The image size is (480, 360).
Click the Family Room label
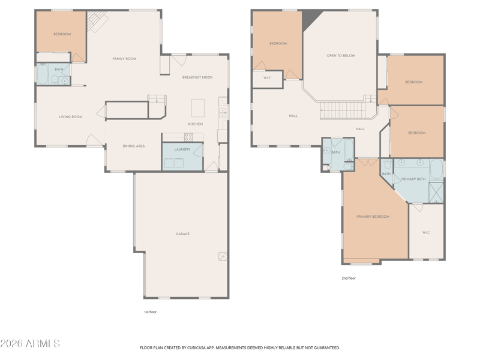pyautogui.click(x=124, y=59)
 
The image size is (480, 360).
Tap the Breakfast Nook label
pyautogui.click(x=197, y=77)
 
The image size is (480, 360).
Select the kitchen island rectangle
pyautogui.click(x=198, y=108)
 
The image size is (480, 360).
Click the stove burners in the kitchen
pyautogui.click(x=188, y=137)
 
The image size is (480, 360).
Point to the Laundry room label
pyautogui.click(x=182, y=149)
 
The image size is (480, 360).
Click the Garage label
pyautogui.click(x=183, y=234)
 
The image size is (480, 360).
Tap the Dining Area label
pyautogui.click(x=134, y=146)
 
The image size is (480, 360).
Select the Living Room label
pyautogui.click(x=71, y=116)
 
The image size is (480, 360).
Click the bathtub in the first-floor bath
pyautogui.click(x=43, y=74)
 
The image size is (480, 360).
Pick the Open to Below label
pyautogui.click(x=341, y=56)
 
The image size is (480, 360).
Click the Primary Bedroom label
pyautogui.click(x=373, y=217)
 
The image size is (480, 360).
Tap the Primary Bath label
pyautogui.click(x=413, y=179)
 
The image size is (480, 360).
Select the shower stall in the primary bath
pyautogui.click(x=436, y=192)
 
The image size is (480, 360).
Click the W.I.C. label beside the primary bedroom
pyautogui.click(x=426, y=233)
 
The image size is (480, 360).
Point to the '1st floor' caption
pyautogui.click(x=151, y=312)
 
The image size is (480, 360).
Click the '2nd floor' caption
pyautogui.click(x=349, y=278)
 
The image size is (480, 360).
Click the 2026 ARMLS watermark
pyautogui.click(x=30, y=343)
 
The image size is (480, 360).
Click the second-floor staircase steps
pyautogui.click(x=343, y=110)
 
